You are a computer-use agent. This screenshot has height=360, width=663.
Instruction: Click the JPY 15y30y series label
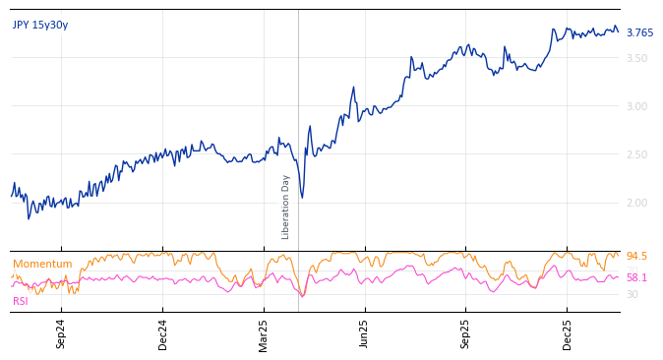[40, 25]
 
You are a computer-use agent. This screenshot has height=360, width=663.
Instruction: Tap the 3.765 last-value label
[639, 32]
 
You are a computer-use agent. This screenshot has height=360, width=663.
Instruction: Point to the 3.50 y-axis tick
[636, 58]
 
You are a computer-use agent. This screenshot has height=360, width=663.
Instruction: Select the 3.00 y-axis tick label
[636, 106]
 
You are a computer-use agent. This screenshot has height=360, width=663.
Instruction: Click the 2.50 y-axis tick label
[636, 154]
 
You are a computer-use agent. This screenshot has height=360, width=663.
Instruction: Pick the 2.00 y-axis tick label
[636, 203]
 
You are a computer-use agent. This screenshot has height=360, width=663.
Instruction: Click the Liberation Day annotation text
[286, 207]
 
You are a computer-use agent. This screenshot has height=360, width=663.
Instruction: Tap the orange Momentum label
[42, 264]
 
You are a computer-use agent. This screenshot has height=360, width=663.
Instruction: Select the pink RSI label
[20, 301]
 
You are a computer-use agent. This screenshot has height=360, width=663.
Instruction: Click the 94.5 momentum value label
[636, 256]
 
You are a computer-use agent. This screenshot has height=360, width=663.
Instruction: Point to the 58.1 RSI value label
[636, 277]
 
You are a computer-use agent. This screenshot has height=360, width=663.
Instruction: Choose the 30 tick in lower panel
[632, 294]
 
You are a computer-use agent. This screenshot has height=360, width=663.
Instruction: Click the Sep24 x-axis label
[61, 333]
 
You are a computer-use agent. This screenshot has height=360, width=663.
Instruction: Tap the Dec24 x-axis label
[163, 333]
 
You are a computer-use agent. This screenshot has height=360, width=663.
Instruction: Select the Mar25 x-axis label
[265, 333]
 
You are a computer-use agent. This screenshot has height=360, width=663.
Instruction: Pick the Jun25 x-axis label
[365, 333]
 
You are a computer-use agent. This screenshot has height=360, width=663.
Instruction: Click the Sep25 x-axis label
[466, 333]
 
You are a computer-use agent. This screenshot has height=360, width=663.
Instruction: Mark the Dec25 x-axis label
[568, 333]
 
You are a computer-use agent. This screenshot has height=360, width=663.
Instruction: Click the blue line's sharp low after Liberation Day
[302, 197]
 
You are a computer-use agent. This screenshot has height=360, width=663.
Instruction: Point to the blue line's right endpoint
[619, 32]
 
